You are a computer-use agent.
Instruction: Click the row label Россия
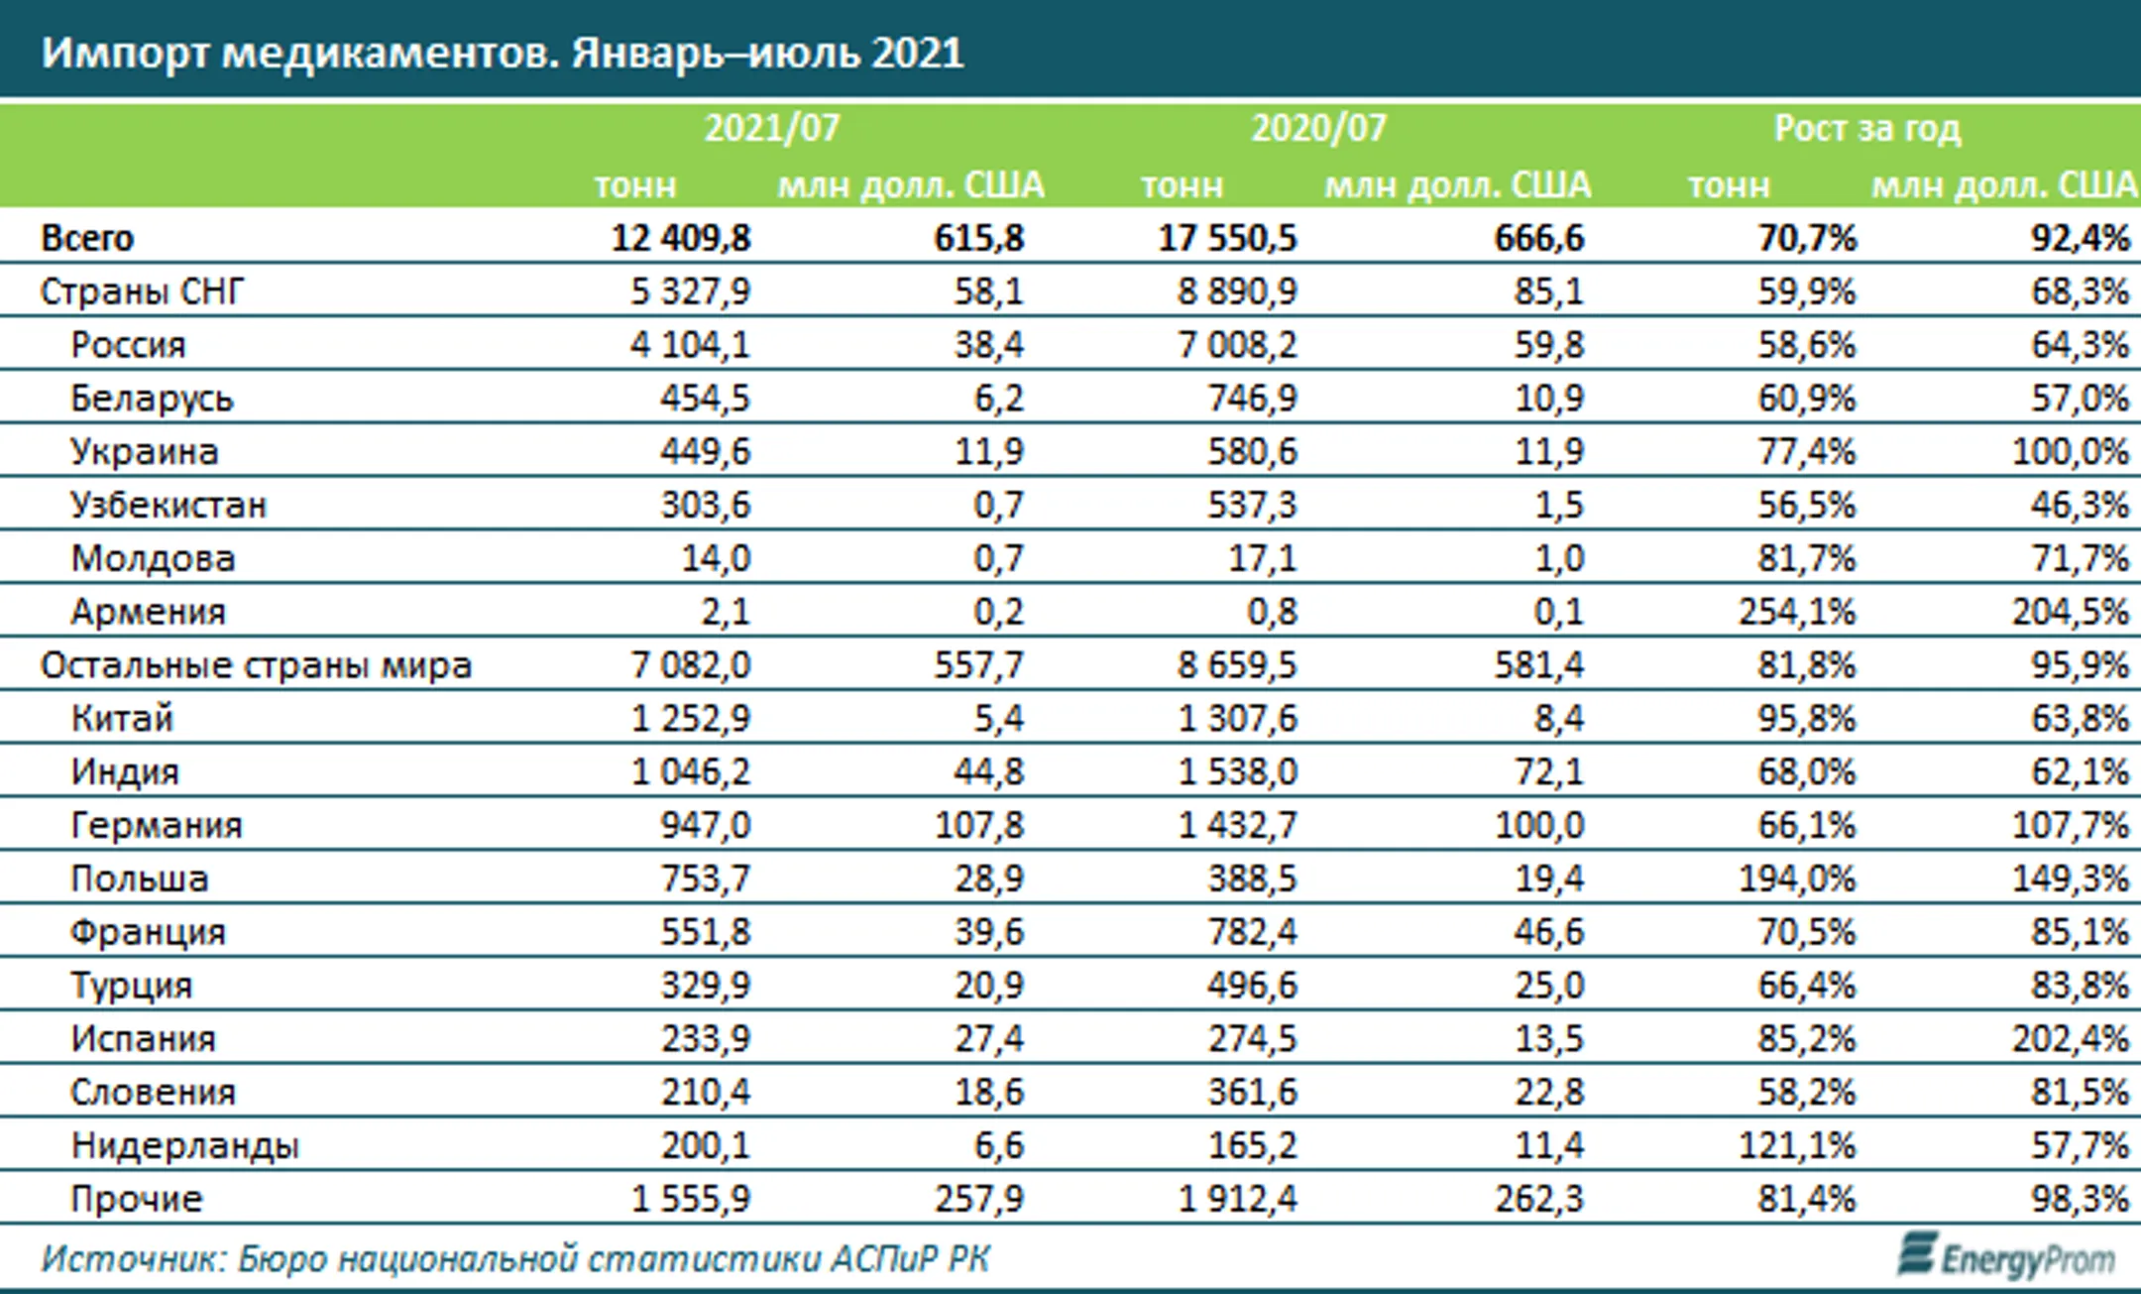[128, 345]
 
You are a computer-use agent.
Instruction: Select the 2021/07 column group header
[771, 129]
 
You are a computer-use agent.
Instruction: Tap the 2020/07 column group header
[1317, 129]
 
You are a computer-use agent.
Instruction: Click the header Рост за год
[1866, 129]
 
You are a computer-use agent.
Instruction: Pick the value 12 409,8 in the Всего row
[681, 238]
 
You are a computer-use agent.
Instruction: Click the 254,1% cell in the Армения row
[1796, 612]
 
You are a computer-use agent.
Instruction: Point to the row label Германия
[157, 825]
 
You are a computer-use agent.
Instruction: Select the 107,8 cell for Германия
[978, 825]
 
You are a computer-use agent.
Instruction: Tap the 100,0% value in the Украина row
[2070, 452]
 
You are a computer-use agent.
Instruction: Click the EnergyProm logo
[2006, 1257]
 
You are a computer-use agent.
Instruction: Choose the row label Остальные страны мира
[256, 665]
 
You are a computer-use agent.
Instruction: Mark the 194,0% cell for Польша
[1796, 879]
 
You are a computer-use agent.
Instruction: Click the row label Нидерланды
[184, 1146]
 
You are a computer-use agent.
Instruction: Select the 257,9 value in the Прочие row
[978, 1200]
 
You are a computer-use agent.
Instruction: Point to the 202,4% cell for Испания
[2070, 1039]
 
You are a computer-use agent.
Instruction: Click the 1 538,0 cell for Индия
[1237, 771]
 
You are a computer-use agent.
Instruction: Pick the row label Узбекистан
[169, 506]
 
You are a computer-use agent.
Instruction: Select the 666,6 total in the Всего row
[1539, 238]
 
